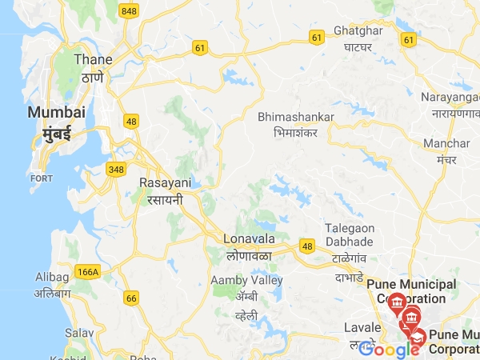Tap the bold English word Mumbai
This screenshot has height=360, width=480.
56,112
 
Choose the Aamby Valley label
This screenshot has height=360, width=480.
246,280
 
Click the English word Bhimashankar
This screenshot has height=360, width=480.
296,117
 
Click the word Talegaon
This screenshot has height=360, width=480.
350,228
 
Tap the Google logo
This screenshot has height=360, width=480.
390,349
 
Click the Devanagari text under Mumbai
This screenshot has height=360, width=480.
58,133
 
